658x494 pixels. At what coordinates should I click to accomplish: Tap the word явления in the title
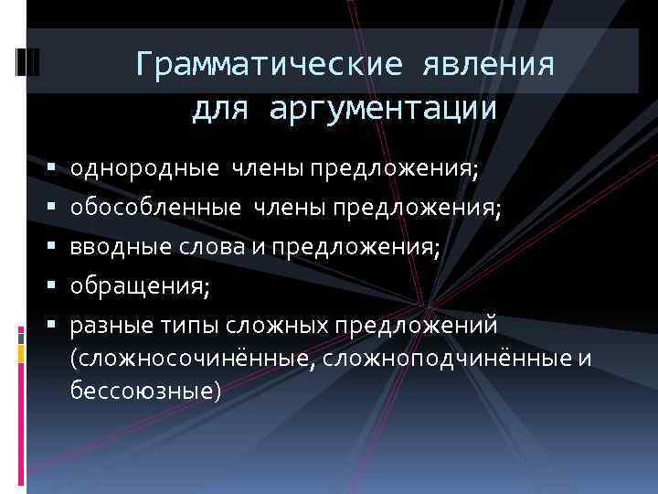tap(490, 66)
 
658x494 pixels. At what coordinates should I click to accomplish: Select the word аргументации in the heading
tap(383, 109)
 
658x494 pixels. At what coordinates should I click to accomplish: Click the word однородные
tap(144, 169)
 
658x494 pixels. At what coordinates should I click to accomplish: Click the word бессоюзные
tap(144, 391)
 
